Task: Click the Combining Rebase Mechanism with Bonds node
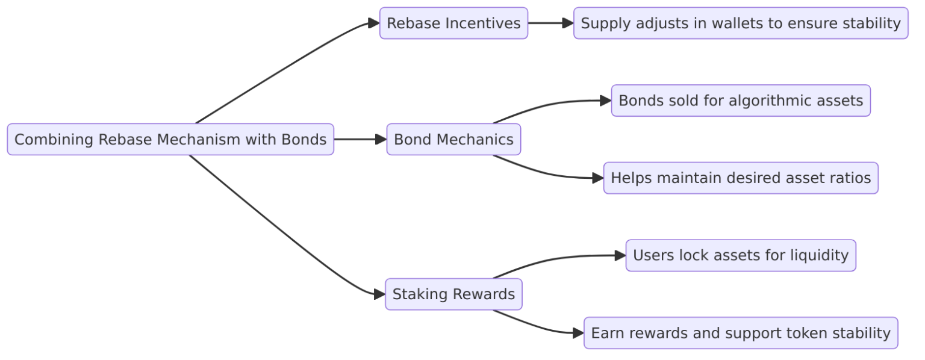tap(170, 140)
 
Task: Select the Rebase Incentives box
tap(453, 23)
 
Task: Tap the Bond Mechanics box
tap(453, 140)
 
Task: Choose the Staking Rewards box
tap(453, 294)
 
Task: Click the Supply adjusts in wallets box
tap(740, 23)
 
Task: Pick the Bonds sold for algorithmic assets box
tap(740, 101)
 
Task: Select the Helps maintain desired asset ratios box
tap(740, 178)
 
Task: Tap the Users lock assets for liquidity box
tap(740, 256)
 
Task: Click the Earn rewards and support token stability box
tap(740, 333)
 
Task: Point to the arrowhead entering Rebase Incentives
tap(374, 23)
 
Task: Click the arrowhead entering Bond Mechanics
tap(381, 140)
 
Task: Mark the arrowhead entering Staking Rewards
tap(379, 294)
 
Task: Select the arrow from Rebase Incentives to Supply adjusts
tap(549, 23)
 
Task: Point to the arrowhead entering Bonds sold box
tap(606, 101)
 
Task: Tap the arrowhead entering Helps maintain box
tap(598, 178)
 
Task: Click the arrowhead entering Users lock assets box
tap(620, 256)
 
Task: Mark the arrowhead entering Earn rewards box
tap(578, 333)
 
